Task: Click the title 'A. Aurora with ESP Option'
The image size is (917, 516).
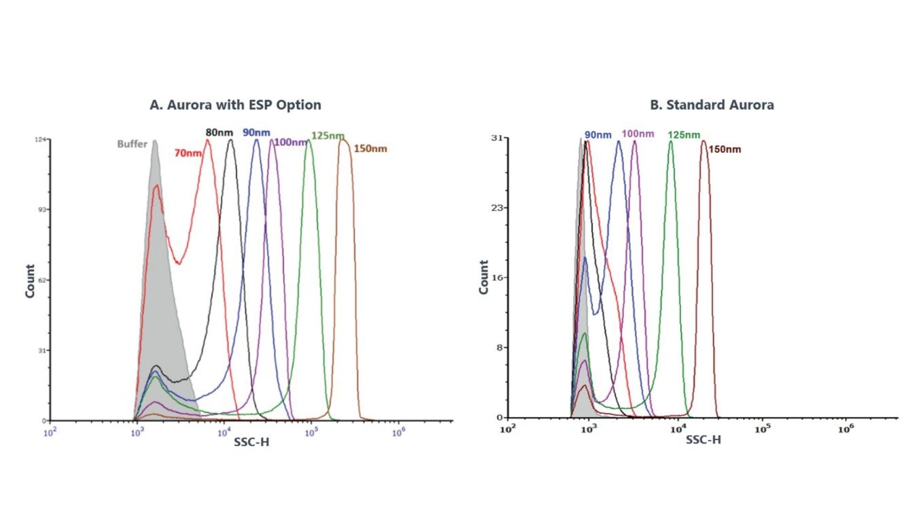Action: [x=235, y=105]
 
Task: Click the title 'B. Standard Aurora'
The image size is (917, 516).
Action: [x=712, y=105]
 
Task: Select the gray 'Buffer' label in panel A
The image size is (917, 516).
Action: [x=132, y=144]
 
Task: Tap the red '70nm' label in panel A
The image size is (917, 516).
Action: [x=188, y=153]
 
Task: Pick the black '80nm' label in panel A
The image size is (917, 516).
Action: [x=219, y=132]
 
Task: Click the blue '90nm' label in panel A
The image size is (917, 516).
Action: [x=256, y=132]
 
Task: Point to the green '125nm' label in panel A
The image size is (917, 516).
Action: [x=328, y=136]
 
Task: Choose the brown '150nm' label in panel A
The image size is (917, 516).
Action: [x=370, y=149]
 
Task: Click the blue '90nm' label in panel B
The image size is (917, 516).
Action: [x=598, y=135]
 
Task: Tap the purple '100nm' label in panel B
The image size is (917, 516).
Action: [x=638, y=134]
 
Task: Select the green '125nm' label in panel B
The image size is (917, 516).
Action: [x=684, y=135]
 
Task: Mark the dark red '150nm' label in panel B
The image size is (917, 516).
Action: [x=725, y=149]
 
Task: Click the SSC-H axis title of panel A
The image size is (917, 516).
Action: [x=251, y=442]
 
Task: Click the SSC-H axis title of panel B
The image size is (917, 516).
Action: [x=703, y=440]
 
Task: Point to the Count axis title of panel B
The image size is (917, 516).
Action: [x=484, y=277]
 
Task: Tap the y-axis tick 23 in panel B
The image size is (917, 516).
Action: [x=497, y=208]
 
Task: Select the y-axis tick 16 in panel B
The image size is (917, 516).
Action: [x=497, y=278]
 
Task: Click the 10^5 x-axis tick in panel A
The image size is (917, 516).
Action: [x=311, y=433]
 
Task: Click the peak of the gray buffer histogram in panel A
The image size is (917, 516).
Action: [x=155, y=142]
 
